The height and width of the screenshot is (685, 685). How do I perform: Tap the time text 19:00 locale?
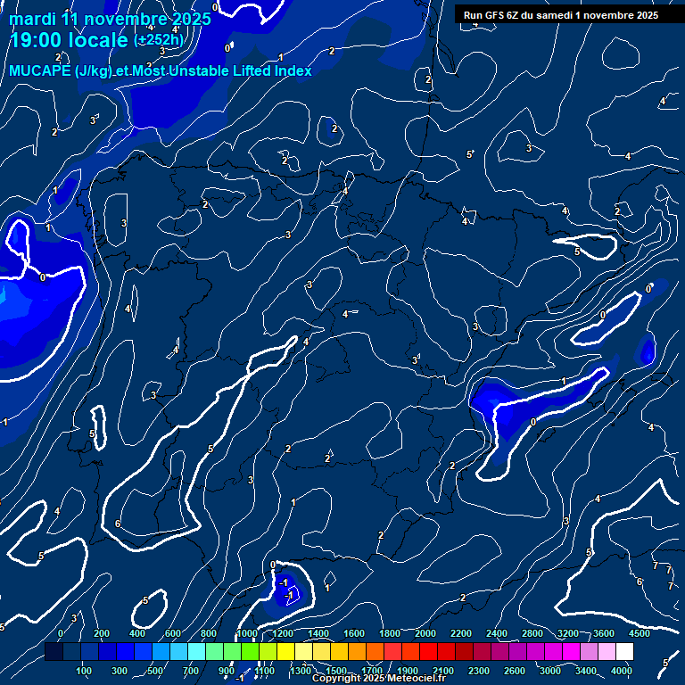coord(68,40)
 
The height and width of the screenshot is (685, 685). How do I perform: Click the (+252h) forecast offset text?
coord(159,40)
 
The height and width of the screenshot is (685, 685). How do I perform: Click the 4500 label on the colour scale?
coord(639,633)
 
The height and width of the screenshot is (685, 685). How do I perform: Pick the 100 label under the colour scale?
coord(85,671)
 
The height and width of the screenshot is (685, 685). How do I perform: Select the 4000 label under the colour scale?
coord(623,671)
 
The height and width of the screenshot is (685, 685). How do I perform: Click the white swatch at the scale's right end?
coord(624,652)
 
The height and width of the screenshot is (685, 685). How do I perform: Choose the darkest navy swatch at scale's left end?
coord(54,652)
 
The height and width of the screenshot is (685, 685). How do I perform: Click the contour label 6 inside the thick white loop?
coord(118,524)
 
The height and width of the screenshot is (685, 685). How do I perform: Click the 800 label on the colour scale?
coord(209,633)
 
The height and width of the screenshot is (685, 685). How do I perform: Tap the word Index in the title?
coord(293,71)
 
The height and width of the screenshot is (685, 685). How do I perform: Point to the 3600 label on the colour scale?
coord(604,633)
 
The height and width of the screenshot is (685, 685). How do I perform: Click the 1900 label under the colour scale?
coord(408,671)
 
